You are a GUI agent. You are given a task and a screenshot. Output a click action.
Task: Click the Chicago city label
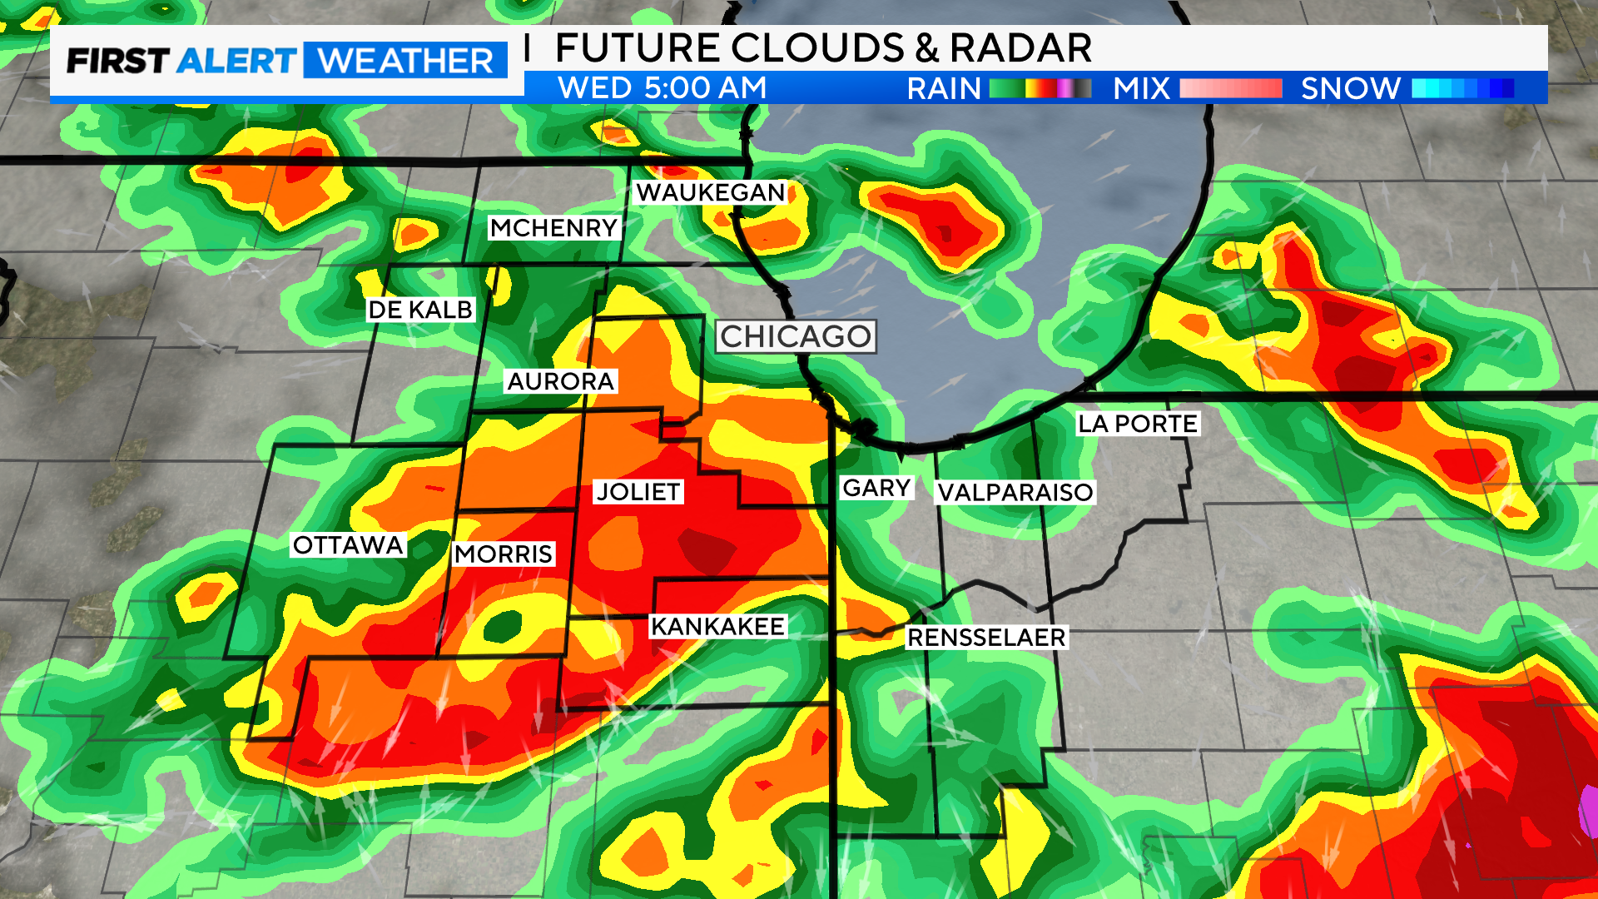(x=796, y=336)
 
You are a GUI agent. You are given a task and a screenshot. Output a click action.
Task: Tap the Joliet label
(x=638, y=492)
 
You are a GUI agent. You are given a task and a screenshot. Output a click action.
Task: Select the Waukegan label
(x=710, y=193)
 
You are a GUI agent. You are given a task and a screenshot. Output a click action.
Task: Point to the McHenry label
(x=553, y=228)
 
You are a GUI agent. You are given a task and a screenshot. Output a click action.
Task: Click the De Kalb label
(x=420, y=310)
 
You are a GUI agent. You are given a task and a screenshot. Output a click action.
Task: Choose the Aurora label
(x=560, y=381)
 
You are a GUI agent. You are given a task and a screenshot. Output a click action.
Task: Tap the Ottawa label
(x=348, y=545)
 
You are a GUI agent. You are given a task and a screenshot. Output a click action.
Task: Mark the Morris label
(x=504, y=554)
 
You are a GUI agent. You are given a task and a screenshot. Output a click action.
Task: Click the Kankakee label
(x=717, y=627)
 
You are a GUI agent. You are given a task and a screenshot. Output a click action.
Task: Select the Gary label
(x=876, y=488)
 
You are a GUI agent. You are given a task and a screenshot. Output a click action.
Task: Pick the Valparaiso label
(x=1015, y=493)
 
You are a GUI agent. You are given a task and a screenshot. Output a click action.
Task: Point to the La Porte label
(x=1137, y=424)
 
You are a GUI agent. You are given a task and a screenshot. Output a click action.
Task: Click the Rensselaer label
(x=986, y=638)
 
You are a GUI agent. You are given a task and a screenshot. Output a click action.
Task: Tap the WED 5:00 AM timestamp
(x=662, y=88)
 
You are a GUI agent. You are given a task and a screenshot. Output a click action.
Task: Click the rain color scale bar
(x=1040, y=88)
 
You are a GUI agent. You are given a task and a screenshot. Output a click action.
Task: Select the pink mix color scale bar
(x=1230, y=88)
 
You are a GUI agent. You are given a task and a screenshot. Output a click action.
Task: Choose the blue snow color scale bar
(x=1462, y=88)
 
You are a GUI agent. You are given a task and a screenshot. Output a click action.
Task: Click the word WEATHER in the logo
(x=405, y=61)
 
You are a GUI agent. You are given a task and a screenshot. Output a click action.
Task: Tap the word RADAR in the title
(x=1020, y=48)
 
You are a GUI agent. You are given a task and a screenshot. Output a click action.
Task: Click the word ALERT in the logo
(x=236, y=61)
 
